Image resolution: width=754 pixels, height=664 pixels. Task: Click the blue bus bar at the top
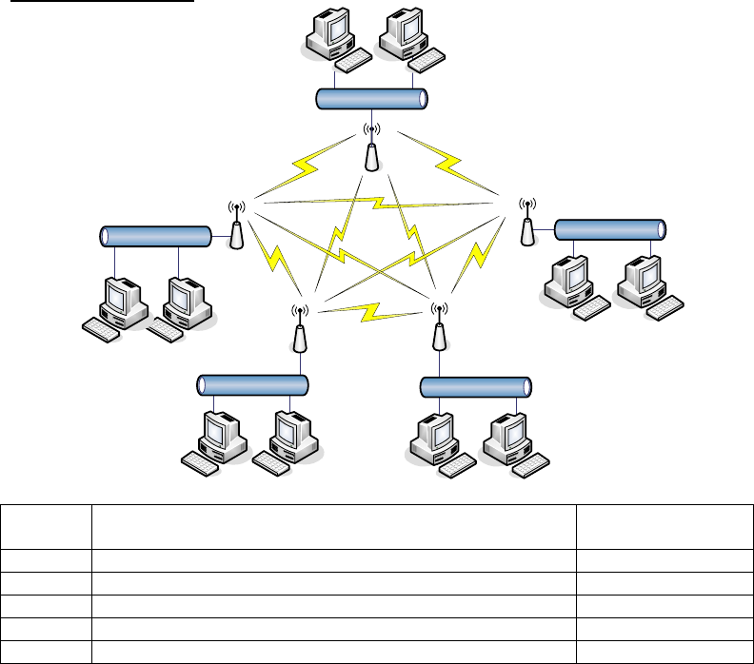point(370,98)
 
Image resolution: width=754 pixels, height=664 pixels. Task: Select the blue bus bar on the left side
point(156,236)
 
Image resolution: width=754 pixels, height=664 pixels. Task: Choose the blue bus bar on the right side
point(608,229)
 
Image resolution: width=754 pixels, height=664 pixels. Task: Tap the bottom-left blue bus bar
point(253,385)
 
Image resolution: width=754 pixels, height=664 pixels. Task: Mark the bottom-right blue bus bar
point(475,388)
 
